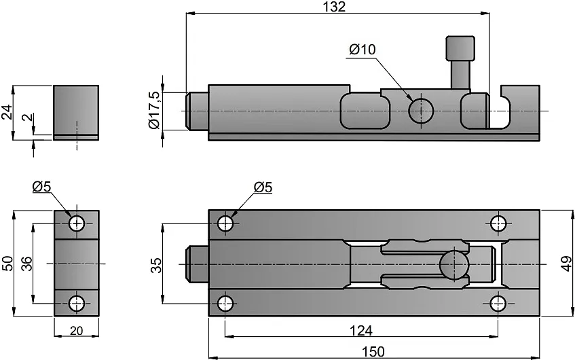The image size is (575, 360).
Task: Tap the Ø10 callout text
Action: [x=362, y=50]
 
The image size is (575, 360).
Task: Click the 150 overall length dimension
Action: [x=373, y=351]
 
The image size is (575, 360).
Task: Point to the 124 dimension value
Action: [x=361, y=330]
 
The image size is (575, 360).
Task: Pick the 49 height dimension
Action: [x=565, y=263]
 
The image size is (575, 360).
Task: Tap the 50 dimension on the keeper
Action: [x=7, y=263]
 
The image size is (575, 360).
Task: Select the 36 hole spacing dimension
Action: [x=26, y=263]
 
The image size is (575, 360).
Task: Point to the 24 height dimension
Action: [x=7, y=112]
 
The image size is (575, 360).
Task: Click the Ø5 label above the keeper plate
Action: [x=41, y=187]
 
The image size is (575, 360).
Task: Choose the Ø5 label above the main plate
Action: [x=263, y=187]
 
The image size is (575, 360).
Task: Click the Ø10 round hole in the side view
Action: [x=421, y=109]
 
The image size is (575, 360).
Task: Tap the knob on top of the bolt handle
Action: [x=460, y=49]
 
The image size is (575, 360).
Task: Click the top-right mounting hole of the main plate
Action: [x=499, y=223]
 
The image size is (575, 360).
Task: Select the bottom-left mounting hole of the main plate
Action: [x=225, y=303]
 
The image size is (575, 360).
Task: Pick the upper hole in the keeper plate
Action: [x=76, y=222]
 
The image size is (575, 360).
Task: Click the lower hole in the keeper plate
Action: [x=76, y=303]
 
